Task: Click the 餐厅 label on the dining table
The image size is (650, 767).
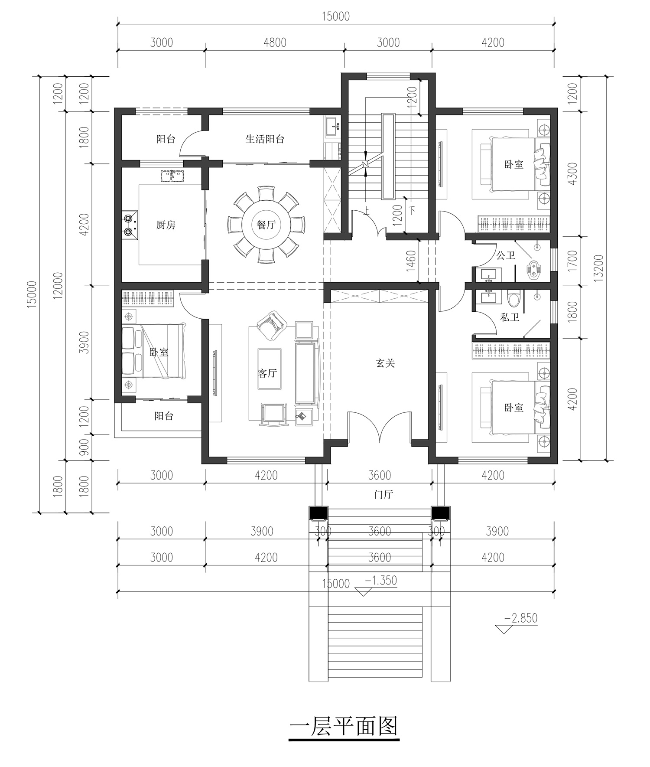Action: (266, 225)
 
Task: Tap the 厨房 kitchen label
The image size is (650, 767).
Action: (166, 225)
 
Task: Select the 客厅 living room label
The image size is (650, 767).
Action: (267, 373)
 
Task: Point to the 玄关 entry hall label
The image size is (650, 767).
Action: (385, 363)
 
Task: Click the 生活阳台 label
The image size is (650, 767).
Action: (265, 139)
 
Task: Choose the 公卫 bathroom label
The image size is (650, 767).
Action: (506, 255)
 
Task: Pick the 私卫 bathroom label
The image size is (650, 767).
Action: (510, 317)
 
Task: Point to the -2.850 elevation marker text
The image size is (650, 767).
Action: (521, 618)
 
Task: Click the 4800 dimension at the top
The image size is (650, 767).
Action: (275, 42)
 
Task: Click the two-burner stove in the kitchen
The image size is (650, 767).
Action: (130, 225)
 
